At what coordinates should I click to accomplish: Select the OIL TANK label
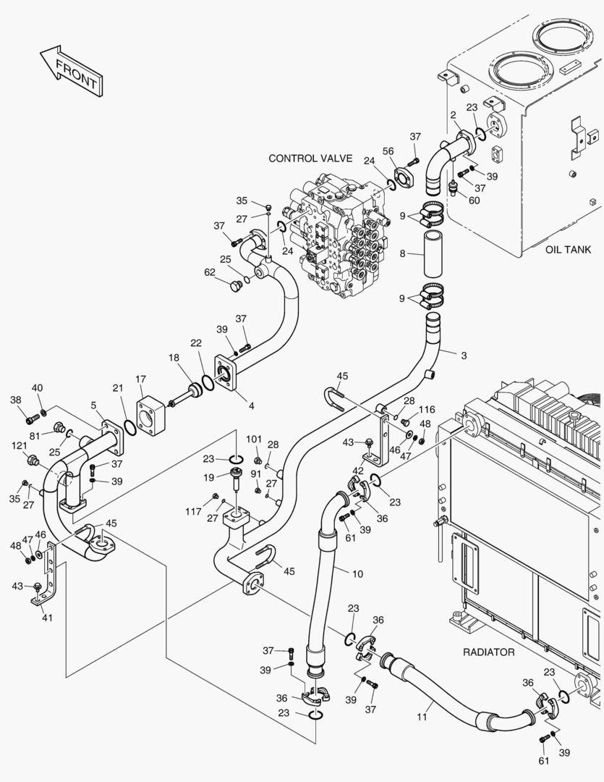pos(568,250)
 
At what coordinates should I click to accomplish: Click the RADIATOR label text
pos(488,652)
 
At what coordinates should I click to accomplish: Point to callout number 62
pos(210,274)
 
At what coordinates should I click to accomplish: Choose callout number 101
pos(253,439)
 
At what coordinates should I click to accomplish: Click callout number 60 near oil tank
pos(474,201)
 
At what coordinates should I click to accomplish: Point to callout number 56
pos(388,151)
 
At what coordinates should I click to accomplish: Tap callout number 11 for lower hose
pos(422,717)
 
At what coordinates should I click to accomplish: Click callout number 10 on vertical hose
pos(357,573)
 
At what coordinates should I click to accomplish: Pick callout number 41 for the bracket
pos(48,618)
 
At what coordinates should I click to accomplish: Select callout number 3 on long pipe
pos(464,356)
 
